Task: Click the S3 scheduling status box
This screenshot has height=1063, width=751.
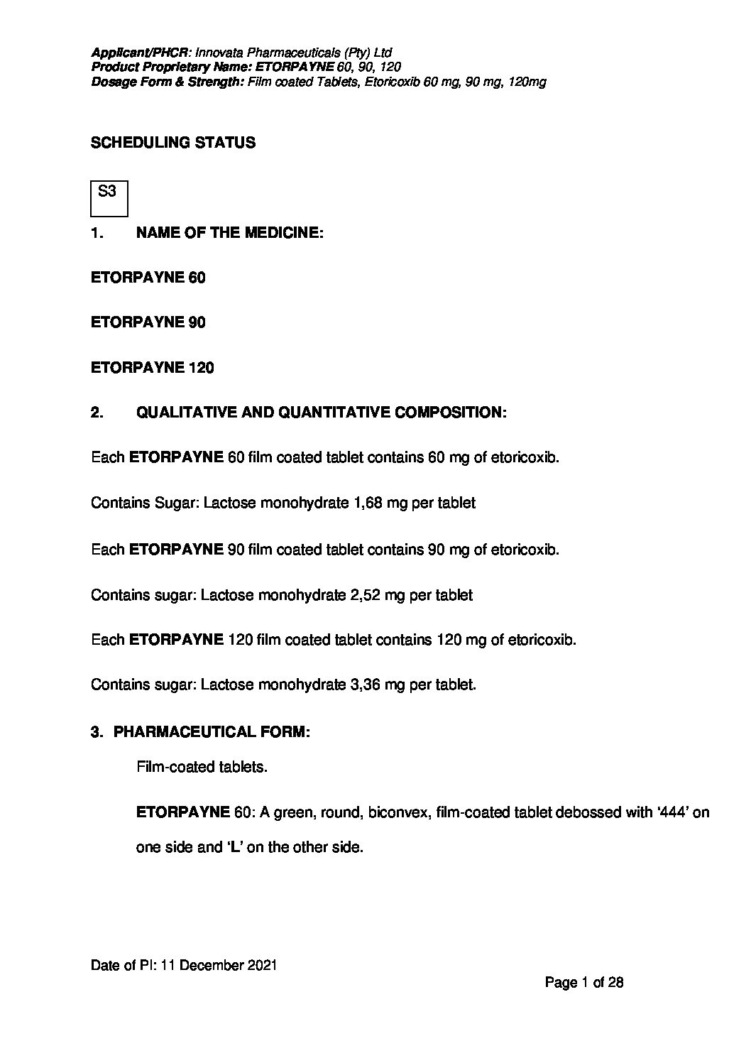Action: click(109, 198)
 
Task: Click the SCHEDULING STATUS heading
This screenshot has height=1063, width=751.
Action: click(173, 143)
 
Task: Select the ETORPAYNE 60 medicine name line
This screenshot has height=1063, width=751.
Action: click(148, 278)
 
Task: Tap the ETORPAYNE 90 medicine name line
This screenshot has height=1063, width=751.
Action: click(148, 322)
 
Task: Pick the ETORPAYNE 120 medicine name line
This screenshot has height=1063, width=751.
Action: click(153, 368)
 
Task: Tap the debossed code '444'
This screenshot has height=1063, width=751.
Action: click(671, 812)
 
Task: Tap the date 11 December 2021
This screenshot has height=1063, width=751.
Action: click(219, 966)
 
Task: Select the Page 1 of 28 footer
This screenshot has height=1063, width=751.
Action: click(584, 983)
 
